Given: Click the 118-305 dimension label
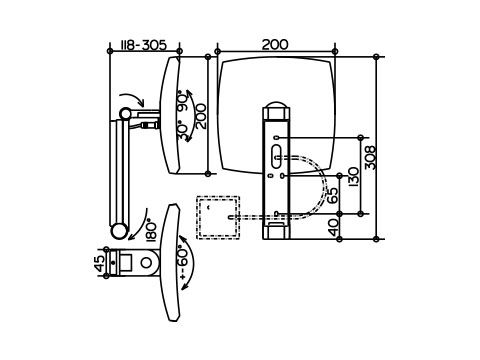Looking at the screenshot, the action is (143, 45).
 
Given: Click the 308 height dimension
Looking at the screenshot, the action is (370, 158).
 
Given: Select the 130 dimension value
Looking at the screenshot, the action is (353, 176).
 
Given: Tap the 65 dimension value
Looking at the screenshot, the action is (332, 195).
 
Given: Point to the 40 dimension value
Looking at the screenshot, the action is (333, 227).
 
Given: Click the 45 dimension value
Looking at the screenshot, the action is (99, 263).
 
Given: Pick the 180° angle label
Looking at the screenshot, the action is (151, 229).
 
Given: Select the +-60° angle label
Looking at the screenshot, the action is (184, 263).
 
